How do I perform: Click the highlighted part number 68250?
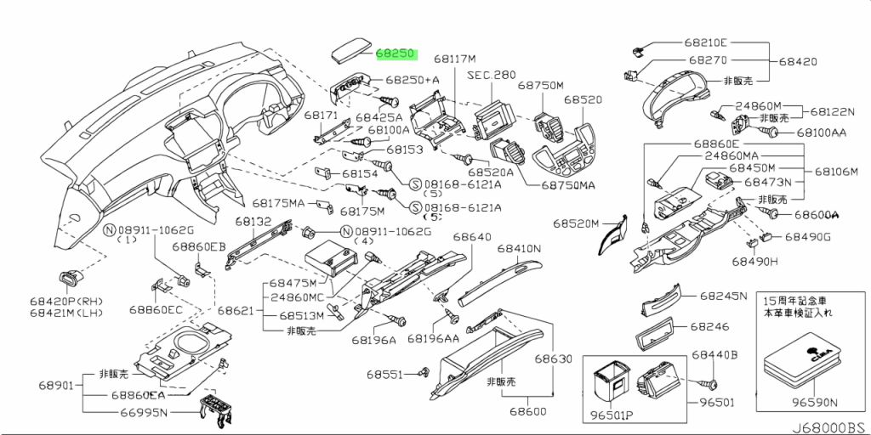coord(396,54)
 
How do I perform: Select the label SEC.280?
coord(491,75)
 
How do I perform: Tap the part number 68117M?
coord(455,59)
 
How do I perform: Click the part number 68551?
coord(384,375)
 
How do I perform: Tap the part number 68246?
coord(710,327)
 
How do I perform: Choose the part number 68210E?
coord(705,42)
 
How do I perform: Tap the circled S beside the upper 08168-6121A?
coord(415,184)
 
